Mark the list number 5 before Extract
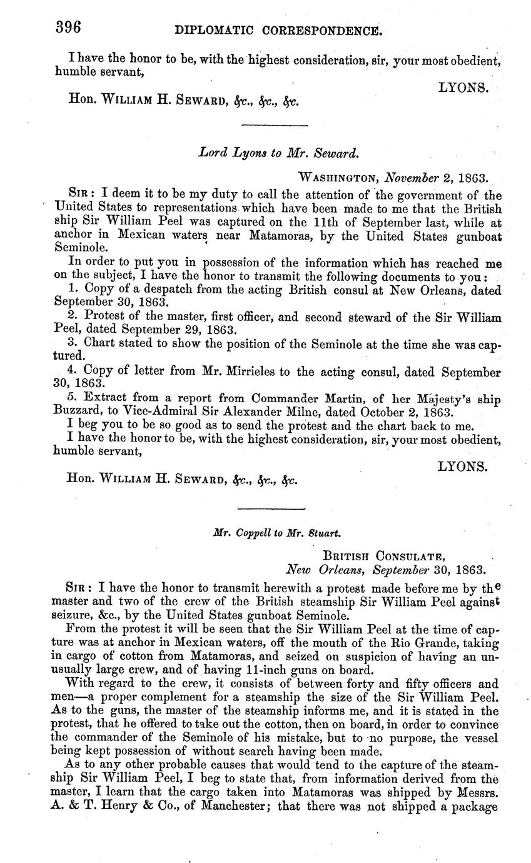click(x=70, y=398)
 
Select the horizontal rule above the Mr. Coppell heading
click(x=272, y=508)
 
